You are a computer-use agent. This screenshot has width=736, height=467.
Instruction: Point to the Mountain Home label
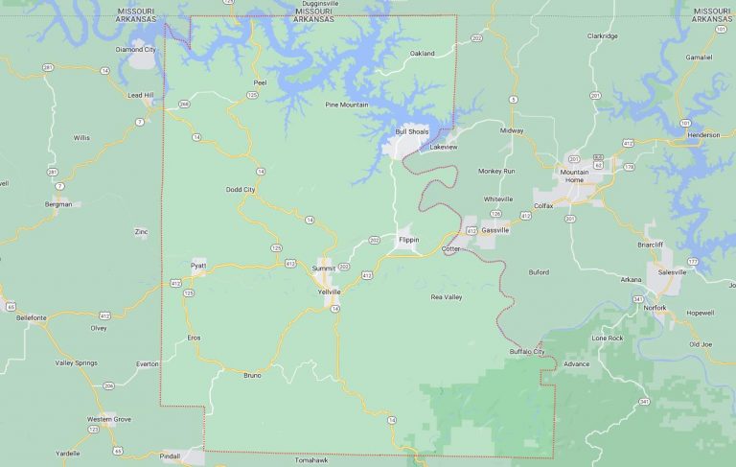(574, 176)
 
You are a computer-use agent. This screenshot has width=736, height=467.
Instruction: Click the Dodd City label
(241, 190)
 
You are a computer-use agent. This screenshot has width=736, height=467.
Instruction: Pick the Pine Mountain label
(347, 104)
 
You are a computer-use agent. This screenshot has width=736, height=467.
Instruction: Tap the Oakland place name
(422, 53)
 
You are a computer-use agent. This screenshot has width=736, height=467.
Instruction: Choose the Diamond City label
(135, 49)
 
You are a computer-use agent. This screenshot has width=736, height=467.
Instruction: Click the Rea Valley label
(447, 297)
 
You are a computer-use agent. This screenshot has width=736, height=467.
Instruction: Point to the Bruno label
(252, 375)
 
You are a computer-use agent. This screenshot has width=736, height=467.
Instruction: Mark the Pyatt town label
(198, 265)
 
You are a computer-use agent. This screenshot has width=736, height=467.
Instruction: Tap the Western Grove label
(108, 419)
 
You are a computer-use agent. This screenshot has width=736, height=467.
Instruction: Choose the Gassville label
(495, 230)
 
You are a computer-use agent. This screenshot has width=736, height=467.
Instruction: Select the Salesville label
(673, 272)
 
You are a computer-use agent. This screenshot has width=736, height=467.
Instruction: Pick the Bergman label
(58, 204)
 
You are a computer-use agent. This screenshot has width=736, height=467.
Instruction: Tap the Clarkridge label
(603, 35)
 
